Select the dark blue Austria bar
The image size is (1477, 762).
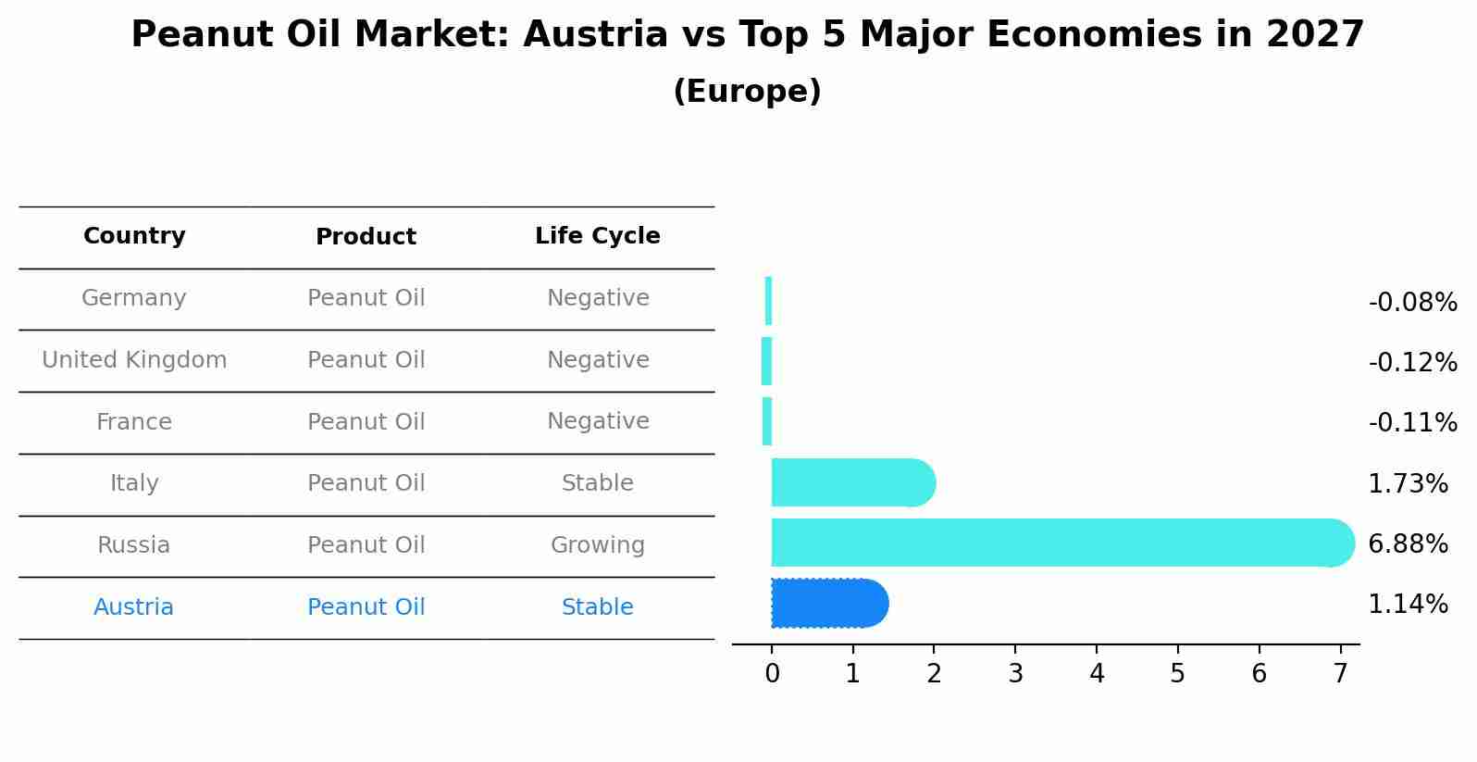click(x=829, y=604)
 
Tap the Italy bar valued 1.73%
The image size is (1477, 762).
click(x=852, y=482)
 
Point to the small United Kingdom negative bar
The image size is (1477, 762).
click(x=766, y=361)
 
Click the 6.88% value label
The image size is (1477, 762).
click(x=1408, y=544)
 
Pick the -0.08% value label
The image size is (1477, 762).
click(x=1412, y=303)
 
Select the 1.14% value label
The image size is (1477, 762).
click(x=1408, y=605)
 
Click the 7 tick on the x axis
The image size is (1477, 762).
click(x=1340, y=674)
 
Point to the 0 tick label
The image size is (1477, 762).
click(x=772, y=674)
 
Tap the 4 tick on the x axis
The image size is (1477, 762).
click(x=1097, y=674)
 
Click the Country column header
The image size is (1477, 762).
click(x=134, y=236)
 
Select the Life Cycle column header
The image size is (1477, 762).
click(x=598, y=236)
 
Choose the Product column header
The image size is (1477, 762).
click(x=366, y=237)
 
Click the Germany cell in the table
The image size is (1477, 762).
click(x=134, y=298)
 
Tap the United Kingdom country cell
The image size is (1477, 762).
click(x=134, y=360)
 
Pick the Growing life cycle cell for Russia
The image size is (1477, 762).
click(x=598, y=545)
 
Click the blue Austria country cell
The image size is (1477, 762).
click(x=134, y=607)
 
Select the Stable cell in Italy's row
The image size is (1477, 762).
click(x=598, y=483)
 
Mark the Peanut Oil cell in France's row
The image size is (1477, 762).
click(x=366, y=422)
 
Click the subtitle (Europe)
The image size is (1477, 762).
click(x=747, y=92)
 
